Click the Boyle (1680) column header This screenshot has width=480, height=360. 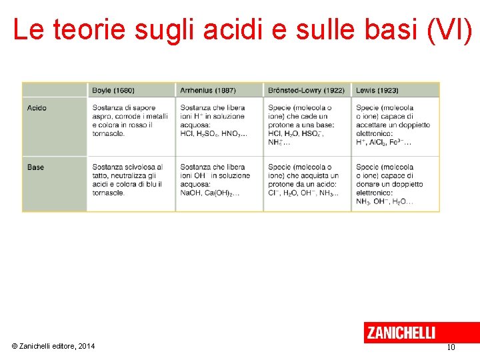click(x=113, y=90)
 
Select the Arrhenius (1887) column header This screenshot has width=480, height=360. click(x=207, y=90)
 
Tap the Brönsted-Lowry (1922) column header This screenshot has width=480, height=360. click(x=306, y=90)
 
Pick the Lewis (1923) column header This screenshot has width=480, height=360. click(x=377, y=90)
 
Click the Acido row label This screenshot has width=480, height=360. click(x=37, y=108)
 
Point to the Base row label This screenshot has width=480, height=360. click(x=36, y=167)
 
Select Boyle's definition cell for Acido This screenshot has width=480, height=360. click(x=131, y=121)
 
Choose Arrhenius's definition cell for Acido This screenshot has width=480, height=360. click(x=219, y=121)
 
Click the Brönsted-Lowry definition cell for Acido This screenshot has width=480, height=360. click(x=307, y=125)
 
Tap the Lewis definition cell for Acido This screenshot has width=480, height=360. click(x=395, y=125)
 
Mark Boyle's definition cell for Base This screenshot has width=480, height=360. click(x=131, y=180)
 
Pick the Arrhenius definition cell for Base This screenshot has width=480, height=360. click(x=219, y=180)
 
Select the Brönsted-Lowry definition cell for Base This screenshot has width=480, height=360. click(x=307, y=180)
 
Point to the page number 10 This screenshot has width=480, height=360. click(x=451, y=347)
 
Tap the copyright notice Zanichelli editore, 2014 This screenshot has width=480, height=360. click(x=53, y=345)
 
